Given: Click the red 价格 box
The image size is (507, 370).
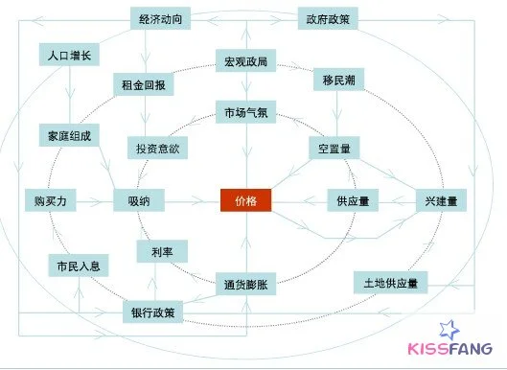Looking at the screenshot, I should [246, 200].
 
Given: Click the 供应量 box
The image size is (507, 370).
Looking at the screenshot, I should [352, 200].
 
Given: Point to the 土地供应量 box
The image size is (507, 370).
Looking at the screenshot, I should [389, 283].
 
